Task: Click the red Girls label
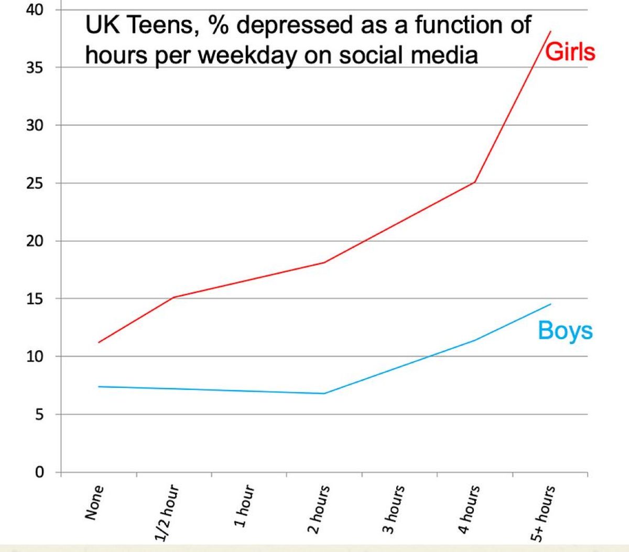click(x=570, y=52)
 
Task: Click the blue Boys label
click(x=565, y=331)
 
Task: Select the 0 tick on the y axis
click(x=39, y=472)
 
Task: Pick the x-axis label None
click(x=94, y=503)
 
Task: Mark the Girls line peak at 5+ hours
click(x=550, y=31)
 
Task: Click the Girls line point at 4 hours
click(x=475, y=182)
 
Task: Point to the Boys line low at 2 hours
click(x=324, y=393)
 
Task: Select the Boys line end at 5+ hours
click(x=550, y=304)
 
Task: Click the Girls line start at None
click(x=99, y=342)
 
